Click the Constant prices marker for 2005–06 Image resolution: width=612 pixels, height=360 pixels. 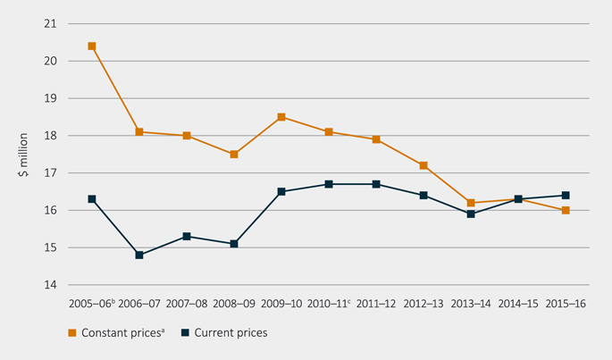click(x=92, y=46)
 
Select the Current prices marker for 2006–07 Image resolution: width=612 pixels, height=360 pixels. click(x=139, y=255)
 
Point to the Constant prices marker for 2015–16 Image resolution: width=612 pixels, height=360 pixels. click(x=566, y=210)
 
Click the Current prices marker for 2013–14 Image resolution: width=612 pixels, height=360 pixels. click(x=471, y=213)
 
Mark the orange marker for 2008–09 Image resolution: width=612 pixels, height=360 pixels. click(x=234, y=155)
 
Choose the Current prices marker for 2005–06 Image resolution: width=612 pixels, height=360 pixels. click(x=92, y=198)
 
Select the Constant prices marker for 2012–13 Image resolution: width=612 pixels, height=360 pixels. click(x=423, y=165)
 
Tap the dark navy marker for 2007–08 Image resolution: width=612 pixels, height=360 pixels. click(x=187, y=236)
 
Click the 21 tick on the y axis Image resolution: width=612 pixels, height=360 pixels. click(x=50, y=23)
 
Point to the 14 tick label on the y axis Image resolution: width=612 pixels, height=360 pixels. click(x=50, y=285)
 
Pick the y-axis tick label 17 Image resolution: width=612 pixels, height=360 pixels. click(x=50, y=172)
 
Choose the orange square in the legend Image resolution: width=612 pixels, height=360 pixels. click(x=72, y=333)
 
